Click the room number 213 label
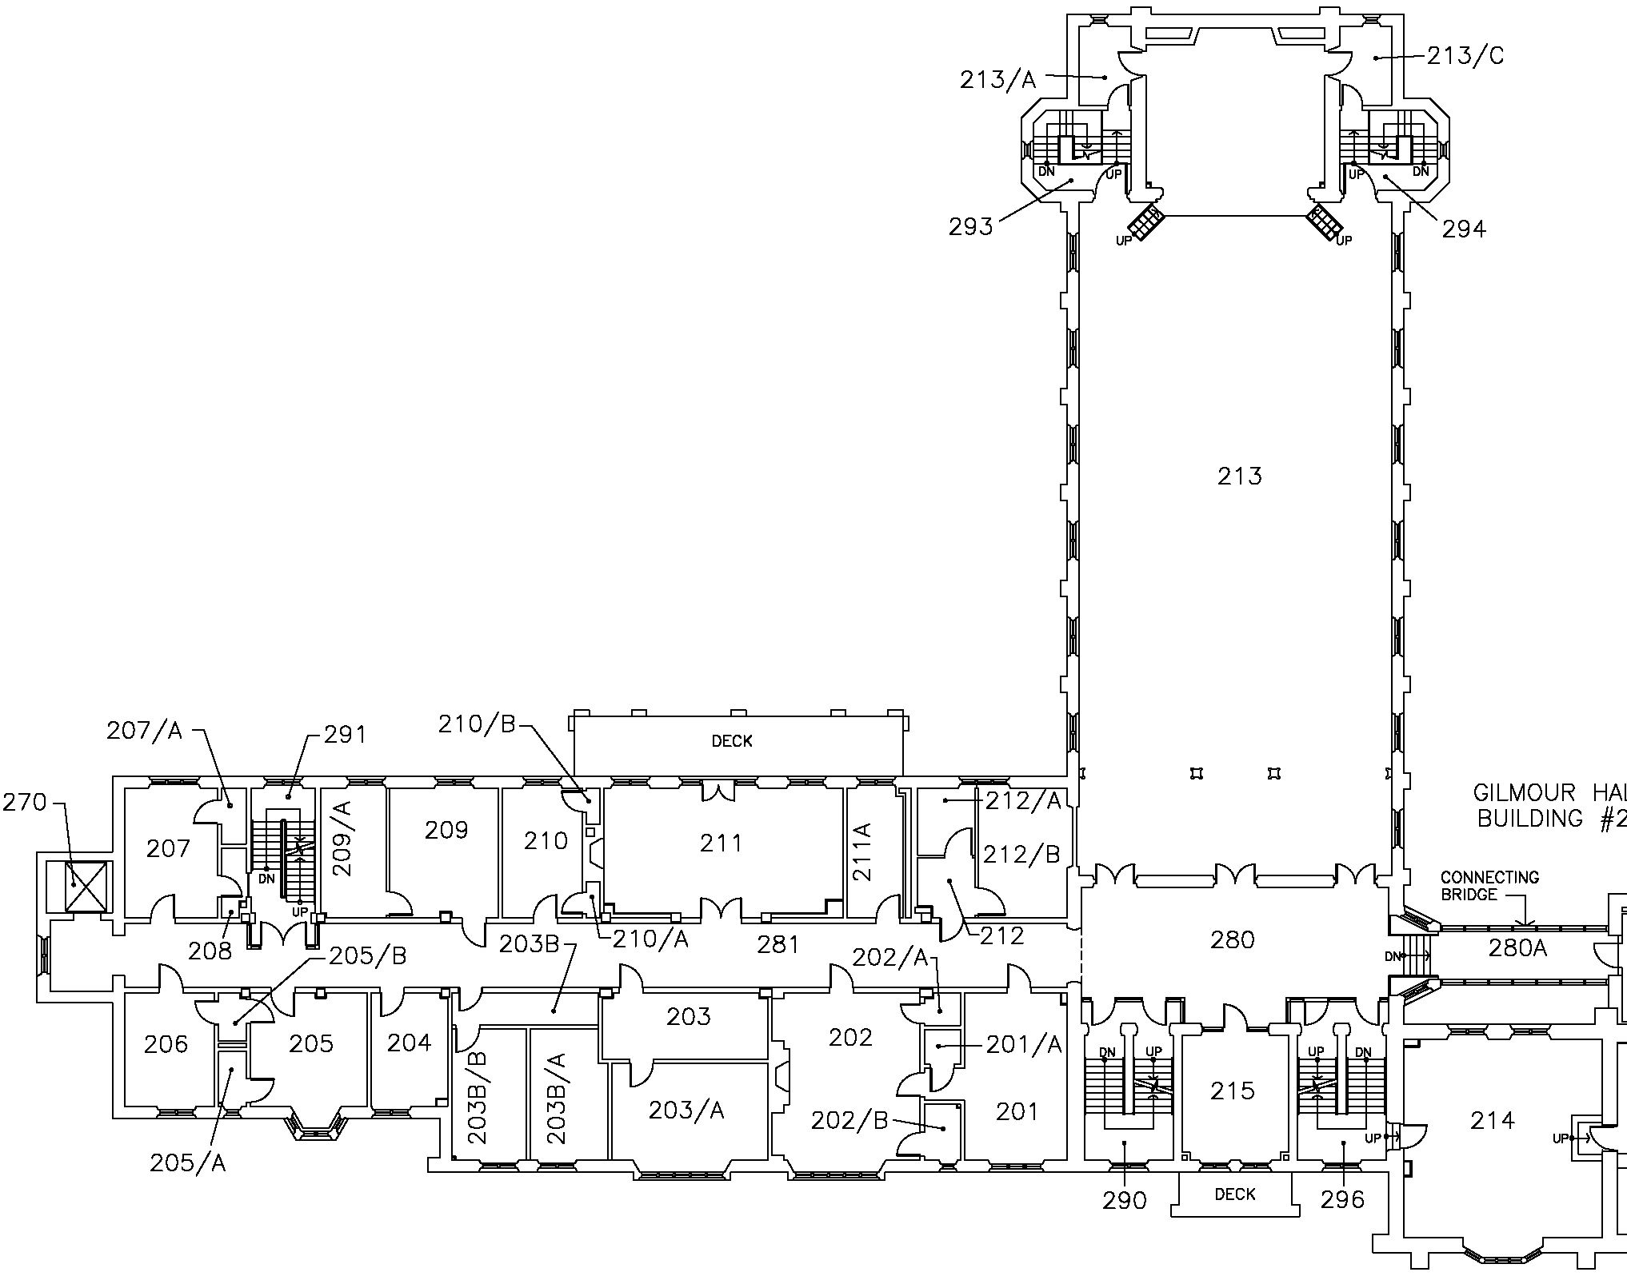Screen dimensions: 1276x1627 click(x=1239, y=477)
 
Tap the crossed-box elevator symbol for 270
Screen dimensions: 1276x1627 click(x=75, y=885)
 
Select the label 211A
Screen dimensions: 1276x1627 click(x=863, y=851)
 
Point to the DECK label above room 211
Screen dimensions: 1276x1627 click(x=732, y=742)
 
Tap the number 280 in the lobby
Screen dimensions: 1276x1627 click(x=1232, y=940)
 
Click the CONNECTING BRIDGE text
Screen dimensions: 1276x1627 click(x=1489, y=886)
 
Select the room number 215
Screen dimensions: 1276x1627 click(x=1232, y=1091)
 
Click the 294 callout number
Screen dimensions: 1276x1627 click(x=1464, y=230)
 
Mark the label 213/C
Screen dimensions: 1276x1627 click(x=1466, y=56)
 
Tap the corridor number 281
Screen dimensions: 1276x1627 click(x=778, y=945)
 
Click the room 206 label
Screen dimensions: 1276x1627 click(x=166, y=1043)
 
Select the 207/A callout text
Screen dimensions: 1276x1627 click(x=144, y=731)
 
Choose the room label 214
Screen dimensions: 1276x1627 click(x=1493, y=1121)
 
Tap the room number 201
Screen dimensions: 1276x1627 click(x=1017, y=1111)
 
